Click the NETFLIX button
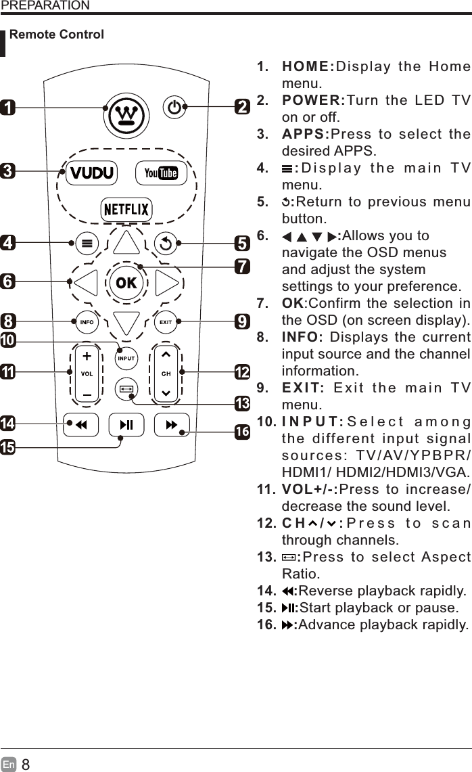tap(126, 209)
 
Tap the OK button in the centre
tap(126, 282)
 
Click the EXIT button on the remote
tap(166, 322)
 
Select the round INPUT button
tap(127, 357)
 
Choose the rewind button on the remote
tap(80, 425)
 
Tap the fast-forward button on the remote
tap(172, 425)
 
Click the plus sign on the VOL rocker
tap(87, 357)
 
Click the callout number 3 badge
tap(8, 171)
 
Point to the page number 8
tap(26, 765)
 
